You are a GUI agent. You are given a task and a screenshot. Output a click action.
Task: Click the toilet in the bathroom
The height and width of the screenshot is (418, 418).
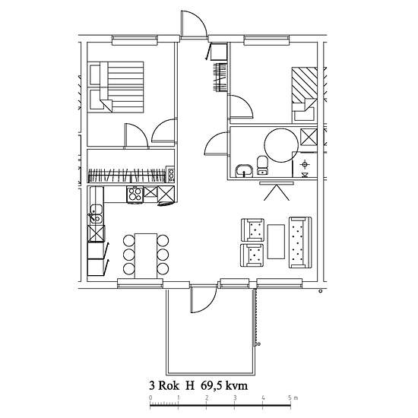262,165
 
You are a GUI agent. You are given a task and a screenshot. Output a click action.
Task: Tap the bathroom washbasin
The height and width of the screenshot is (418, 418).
244,170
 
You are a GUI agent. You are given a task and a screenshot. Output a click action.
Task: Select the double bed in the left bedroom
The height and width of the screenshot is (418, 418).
116,87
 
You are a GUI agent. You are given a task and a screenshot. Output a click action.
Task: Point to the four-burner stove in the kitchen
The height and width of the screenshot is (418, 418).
135,194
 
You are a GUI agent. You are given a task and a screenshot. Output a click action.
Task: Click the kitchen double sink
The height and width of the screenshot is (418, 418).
96,214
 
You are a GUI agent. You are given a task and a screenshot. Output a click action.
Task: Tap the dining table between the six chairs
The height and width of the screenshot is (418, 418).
146,256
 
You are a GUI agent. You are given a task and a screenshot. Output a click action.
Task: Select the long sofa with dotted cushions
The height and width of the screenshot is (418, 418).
300,242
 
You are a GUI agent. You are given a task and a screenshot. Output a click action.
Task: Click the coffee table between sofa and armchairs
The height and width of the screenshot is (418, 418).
276,242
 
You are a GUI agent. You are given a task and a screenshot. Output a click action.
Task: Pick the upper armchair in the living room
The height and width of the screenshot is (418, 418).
252,230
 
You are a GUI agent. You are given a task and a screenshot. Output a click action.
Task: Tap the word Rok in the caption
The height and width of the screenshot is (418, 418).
169,386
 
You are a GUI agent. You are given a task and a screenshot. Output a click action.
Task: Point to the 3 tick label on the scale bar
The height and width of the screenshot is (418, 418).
235,398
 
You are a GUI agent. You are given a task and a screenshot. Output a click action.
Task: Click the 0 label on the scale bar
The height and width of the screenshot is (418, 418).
151,398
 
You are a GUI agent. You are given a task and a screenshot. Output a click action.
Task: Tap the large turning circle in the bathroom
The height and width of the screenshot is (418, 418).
281,145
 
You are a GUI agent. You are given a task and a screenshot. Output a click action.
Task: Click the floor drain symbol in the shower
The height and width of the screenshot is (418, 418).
305,164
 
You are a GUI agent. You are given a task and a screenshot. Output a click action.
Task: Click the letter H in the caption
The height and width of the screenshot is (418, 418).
190,386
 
